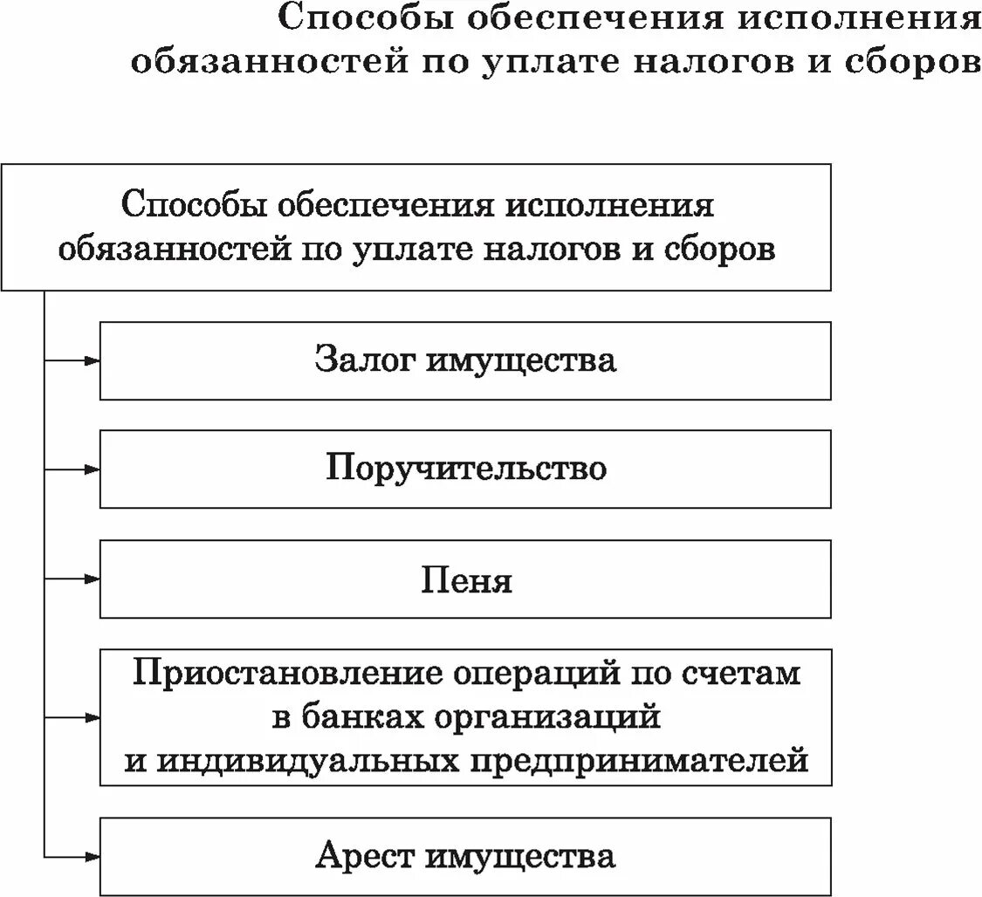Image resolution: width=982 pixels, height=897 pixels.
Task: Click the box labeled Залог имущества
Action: click(465, 360)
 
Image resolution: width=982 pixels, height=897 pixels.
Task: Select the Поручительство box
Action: click(465, 469)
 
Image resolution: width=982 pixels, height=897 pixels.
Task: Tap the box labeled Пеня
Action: click(465, 579)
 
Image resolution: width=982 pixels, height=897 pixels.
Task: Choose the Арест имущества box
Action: click(465, 856)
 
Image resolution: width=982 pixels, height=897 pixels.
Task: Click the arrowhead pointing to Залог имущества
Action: click(93, 359)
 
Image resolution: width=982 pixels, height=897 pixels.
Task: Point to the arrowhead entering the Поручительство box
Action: click(93, 469)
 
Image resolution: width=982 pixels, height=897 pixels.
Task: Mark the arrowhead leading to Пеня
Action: click(93, 579)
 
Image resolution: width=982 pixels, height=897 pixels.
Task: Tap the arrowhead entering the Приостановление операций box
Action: click(93, 717)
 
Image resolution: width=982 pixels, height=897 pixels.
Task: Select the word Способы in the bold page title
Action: click(362, 19)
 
